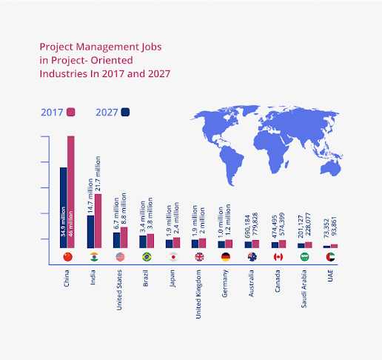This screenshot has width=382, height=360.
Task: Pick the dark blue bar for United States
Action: coord(116,240)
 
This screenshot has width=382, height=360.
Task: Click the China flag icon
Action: coord(68,257)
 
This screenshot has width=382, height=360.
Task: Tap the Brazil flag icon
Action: coord(147,257)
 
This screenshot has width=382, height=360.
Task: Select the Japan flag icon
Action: coord(173,257)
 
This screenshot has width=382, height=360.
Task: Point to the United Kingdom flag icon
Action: coord(199,257)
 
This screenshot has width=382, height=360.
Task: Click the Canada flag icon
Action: coord(278,257)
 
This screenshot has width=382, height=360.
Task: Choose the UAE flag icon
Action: coord(330,257)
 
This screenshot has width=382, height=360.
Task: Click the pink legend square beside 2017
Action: coord(72,113)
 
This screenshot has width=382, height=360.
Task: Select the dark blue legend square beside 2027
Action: coord(126,113)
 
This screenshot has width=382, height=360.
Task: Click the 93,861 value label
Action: coord(335,228)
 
